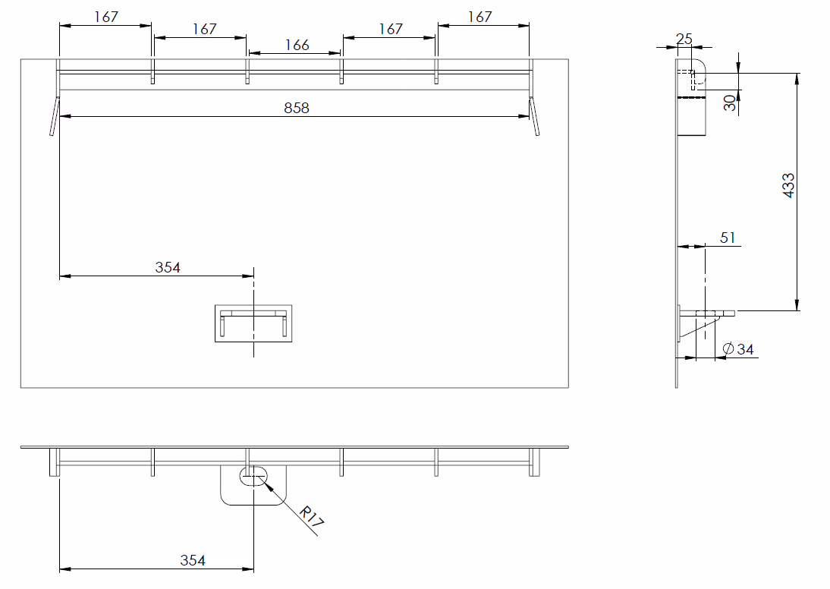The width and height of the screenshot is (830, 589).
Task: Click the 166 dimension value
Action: (x=297, y=45)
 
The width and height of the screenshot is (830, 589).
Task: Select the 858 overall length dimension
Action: (x=297, y=108)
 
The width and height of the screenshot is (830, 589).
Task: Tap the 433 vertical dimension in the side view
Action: (x=789, y=185)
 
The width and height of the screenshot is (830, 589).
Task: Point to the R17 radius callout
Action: (x=311, y=516)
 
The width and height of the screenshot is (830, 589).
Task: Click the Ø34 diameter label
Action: (x=738, y=349)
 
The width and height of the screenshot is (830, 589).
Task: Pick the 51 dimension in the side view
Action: (x=728, y=238)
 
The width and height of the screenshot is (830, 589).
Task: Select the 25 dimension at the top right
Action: (x=684, y=39)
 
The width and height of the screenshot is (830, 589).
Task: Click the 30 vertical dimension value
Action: (x=730, y=102)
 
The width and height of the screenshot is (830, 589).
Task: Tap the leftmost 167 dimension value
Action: (x=106, y=17)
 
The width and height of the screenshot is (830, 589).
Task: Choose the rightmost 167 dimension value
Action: (x=479, y=17)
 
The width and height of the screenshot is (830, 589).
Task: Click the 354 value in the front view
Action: (x=168, y=267)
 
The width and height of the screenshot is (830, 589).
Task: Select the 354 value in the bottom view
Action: (x=193, y=560)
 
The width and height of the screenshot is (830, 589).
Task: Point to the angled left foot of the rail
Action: (x=55, y=116)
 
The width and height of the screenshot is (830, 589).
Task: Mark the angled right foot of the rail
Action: (x=534, y=116)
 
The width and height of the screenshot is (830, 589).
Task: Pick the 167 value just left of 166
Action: (x=204, y=29)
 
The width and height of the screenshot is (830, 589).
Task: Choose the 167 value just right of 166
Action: (x=391, y=29)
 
